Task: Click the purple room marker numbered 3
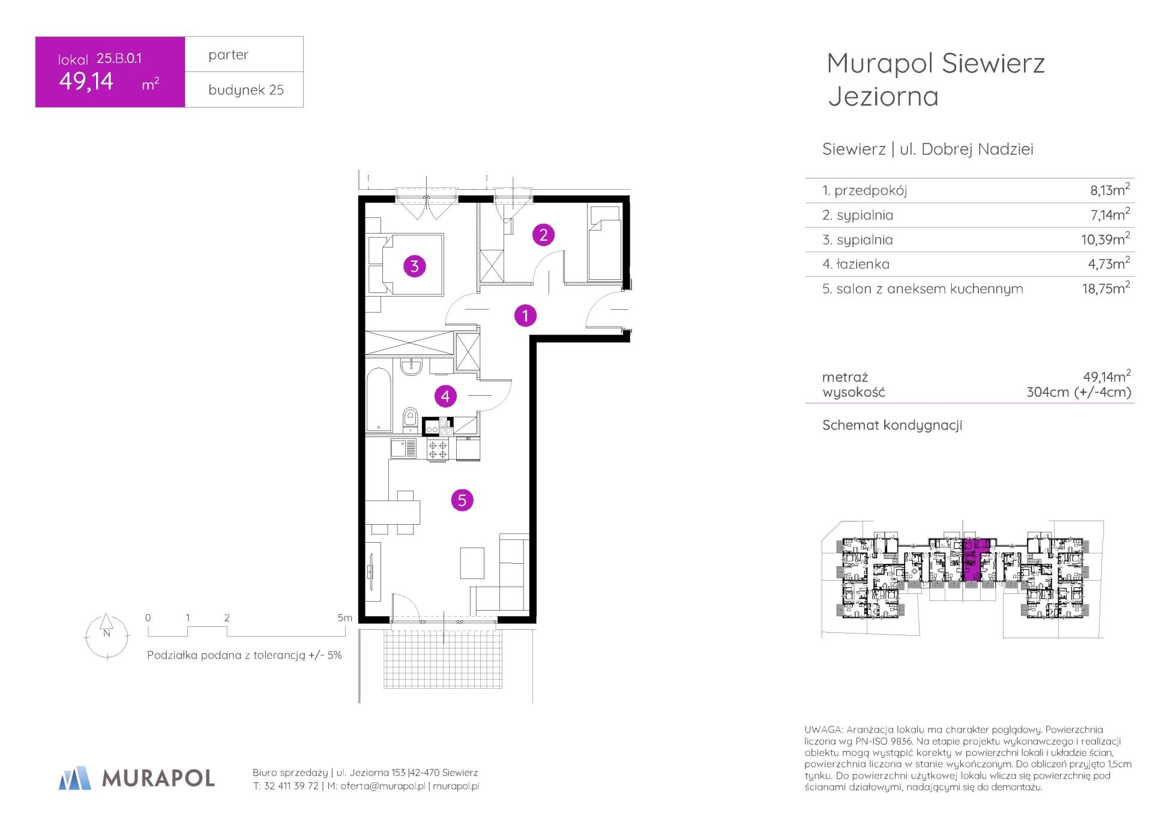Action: click(414, 266)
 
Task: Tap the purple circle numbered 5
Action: click(462, 500)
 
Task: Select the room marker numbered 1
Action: click(525, 315)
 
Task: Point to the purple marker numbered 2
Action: click(543, 235)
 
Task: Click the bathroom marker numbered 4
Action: click(445, 396)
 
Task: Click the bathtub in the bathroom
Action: click(379, 399)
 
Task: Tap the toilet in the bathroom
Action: click(411, 419)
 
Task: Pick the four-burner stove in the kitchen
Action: click(438, 450)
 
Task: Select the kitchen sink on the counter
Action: click(403, 449)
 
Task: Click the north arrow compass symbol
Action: click(107, 636)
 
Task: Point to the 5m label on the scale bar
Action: click(345, 617)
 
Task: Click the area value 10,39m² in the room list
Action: click(1105, 239)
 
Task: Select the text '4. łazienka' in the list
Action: click(856, 264)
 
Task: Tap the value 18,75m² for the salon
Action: click(1106, 288)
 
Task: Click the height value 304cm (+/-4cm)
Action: click(1079, 392)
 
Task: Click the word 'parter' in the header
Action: click(228, 55)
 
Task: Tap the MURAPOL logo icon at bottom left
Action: click(75, 778)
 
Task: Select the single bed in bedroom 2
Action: click(604, 243)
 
